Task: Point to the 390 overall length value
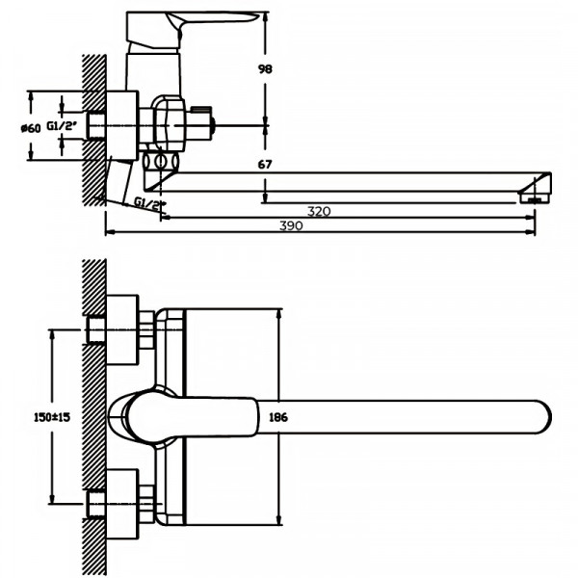(x=291, y=225)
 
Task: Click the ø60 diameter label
(x=32, y=127)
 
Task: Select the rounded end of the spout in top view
(x=539, y=416)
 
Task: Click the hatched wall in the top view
(x=93, y=414)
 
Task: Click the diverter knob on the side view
(x=203, y=120)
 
